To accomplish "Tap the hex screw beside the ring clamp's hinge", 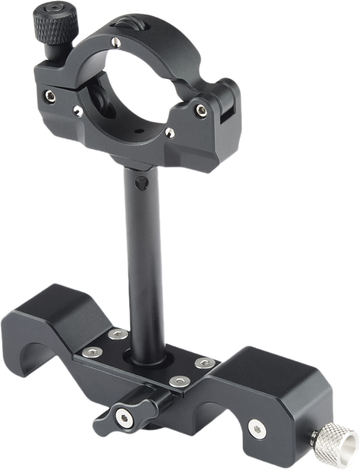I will tap(201, 108).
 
